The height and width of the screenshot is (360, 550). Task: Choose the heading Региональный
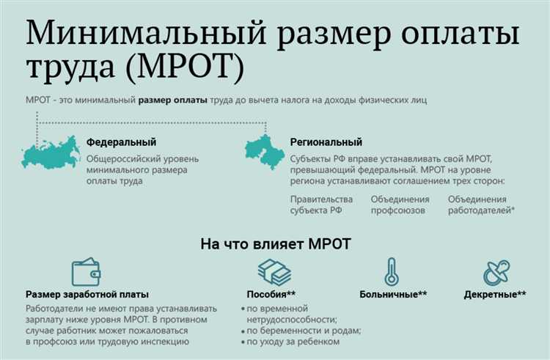coord(326,142)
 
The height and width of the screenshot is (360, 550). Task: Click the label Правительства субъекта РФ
coord(320,205)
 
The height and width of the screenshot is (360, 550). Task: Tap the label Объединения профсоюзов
coord(401,205)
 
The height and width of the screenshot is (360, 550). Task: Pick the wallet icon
coord(87,273)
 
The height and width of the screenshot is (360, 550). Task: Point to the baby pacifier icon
coord(496,273)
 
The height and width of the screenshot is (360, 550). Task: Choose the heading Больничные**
coord(393,295)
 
